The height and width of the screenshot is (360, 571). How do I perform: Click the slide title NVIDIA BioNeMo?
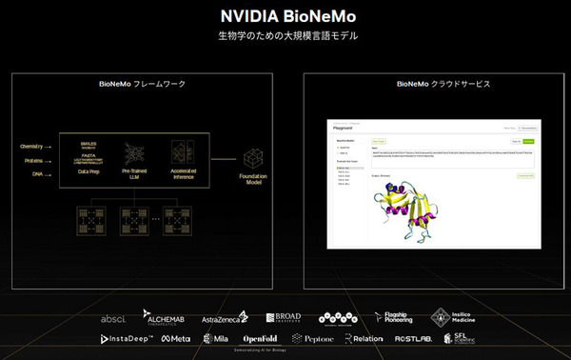[x=285, y=16]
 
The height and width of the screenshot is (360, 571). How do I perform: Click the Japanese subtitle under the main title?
[x=285, y=37]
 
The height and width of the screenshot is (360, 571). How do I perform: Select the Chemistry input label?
[x=34, y=146]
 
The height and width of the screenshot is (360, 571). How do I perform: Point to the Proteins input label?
[x=34, y=161]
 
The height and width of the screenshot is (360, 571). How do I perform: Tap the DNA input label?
[x=38, y=175]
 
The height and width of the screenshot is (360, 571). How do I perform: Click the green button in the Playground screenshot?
[x=529, y=140]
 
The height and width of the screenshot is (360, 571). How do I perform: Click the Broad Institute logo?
[x=283, y=316]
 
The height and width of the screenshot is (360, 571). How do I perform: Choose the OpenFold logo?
[x=260, y=338]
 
